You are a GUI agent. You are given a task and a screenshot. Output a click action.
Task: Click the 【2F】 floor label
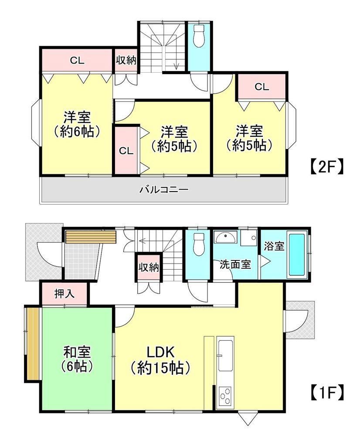coord(326,167)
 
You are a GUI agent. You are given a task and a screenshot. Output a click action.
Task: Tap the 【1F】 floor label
coord(326,393)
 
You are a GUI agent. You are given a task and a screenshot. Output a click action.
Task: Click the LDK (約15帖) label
coord(160,361)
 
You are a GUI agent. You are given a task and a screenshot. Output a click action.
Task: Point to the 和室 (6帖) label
coord(77,359)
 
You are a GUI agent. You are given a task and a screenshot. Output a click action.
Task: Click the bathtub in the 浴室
coord(297,254)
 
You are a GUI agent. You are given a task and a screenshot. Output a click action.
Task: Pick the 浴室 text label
coord(274,246)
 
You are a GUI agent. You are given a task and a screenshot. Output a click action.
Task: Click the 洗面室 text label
coord(235,264)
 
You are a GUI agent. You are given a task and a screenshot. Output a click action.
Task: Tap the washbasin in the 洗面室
coord(226,237)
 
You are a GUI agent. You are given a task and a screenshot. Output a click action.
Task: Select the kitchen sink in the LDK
coord(225,356)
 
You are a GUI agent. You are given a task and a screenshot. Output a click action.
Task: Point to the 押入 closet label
coord(65,294)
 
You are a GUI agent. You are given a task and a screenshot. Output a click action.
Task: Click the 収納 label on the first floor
coord(149,267)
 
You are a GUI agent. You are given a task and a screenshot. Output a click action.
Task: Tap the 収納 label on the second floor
coord(126,60)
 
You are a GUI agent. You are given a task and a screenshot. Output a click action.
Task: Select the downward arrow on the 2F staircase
coord(177,63)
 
